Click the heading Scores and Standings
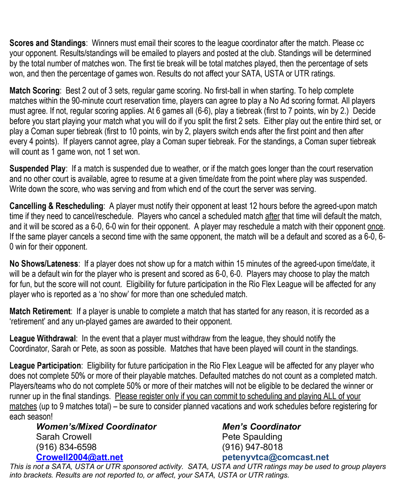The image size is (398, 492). [47, 43]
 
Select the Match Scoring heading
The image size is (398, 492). [34, 91]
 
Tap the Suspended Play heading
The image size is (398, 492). [37, 169]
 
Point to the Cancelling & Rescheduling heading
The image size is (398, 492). [56, 206]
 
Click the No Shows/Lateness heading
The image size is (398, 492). [44, 264]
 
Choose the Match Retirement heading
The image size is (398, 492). [40, 311]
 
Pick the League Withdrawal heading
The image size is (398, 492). [43, 339]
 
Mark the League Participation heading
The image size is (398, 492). [45, 366]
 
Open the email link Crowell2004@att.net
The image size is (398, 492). [79, 457]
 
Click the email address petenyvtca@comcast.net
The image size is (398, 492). [275, 457]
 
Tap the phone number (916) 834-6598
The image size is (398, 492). [66, 447]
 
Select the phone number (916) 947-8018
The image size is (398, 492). [252, 447]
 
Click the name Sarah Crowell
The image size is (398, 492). [64, 437]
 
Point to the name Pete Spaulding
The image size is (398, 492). [252, 437]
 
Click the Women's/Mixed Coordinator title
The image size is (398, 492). [96, 427]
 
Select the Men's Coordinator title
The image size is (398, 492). [261, 427]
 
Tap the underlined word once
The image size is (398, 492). [375, 227]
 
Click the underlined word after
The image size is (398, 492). [272, 216]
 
